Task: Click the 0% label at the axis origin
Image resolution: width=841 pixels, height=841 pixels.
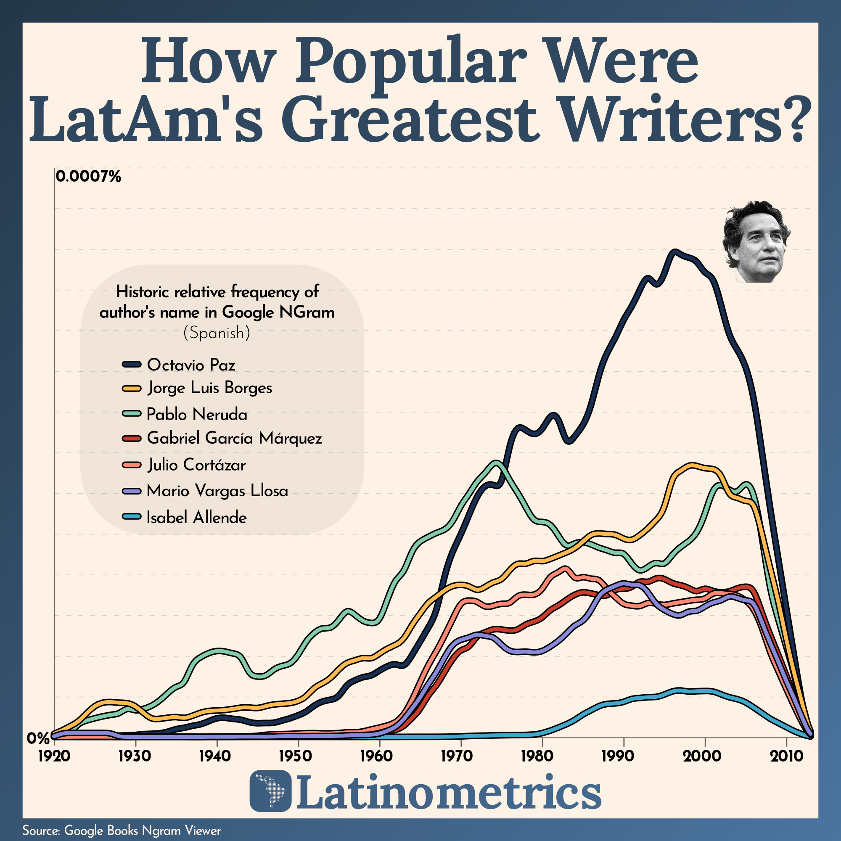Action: click(38, 738)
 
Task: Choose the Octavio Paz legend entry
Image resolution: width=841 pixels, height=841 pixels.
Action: click(190, 365)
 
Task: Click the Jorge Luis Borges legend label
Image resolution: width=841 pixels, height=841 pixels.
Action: click(210, 388)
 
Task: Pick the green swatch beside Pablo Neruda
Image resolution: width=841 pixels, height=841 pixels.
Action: click(132, 413)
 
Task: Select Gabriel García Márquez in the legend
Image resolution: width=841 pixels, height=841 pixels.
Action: click(234, 438)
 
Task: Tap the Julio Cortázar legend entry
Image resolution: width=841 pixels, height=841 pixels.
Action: click(196, 465)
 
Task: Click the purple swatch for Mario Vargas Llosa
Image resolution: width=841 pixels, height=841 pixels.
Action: click(132, 491)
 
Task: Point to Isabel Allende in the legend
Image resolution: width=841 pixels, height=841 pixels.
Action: click(196, 518)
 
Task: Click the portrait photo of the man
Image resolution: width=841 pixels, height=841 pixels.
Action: click(756, 242)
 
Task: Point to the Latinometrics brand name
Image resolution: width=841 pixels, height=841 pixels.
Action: click(448, 791)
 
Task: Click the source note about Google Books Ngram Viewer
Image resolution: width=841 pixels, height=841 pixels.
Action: click(122, 830)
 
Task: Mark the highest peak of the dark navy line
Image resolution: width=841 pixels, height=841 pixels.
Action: click(675, 252)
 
